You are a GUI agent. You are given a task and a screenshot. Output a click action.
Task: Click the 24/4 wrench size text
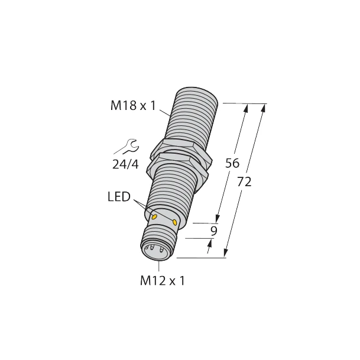click(x=125, y=164)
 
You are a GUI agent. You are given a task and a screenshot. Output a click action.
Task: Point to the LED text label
click(x=119, y=197)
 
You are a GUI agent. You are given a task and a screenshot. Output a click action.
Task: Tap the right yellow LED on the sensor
click(x=176, y=222)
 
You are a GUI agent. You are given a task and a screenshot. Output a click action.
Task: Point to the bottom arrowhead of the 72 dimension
click(x=225, y=254)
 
